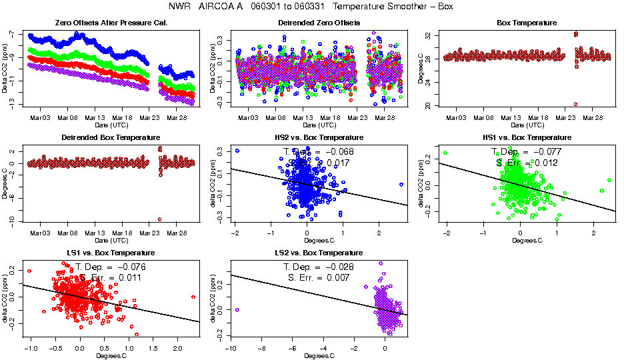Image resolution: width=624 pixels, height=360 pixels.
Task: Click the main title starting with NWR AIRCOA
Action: (x=312, y=7)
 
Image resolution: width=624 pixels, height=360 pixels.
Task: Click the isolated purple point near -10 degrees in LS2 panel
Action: (x=237, y=310)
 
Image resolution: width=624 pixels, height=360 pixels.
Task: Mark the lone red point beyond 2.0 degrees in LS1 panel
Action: (x=193, y=297)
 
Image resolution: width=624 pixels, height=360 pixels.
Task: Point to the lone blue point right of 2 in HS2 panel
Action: (x=401, y=185)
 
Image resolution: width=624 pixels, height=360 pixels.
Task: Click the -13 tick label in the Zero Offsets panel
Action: (x=12, y=105)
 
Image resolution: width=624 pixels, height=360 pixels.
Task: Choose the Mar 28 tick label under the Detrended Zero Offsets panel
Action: (x=385, y=117)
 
